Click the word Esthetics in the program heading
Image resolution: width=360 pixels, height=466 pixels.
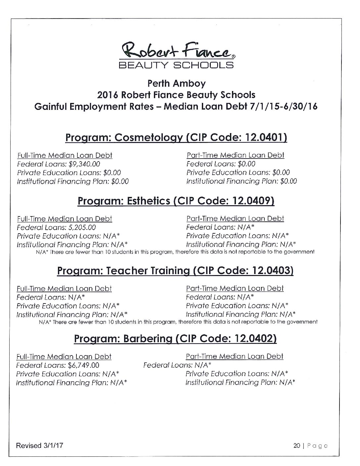tap(144, 201)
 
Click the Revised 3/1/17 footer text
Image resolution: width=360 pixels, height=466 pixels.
tap(40, 445)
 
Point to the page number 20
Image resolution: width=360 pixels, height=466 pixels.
tap(296, 446)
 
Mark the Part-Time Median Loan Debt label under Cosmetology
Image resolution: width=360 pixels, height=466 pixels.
tap(235, 155)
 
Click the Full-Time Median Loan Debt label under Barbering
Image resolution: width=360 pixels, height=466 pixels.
tap(64, 356)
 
